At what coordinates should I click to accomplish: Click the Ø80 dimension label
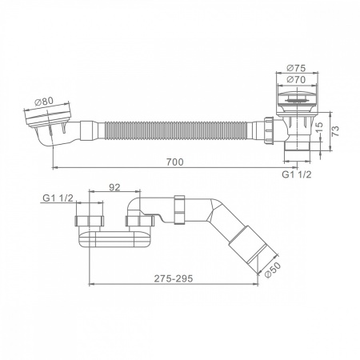point(44,102)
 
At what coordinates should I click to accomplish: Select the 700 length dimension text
point(175,162)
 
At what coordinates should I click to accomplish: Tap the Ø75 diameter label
point(296,68)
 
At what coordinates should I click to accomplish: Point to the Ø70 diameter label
point(296,79)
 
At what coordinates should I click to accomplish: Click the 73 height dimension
point(336,131)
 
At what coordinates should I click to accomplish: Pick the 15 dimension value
point(319,127)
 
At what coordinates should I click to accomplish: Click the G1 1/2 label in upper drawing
point(297,174)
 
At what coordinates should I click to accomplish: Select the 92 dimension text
point(114,187)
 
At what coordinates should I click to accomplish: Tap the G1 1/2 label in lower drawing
point(58,198)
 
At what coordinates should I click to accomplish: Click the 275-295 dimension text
point(174,278)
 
